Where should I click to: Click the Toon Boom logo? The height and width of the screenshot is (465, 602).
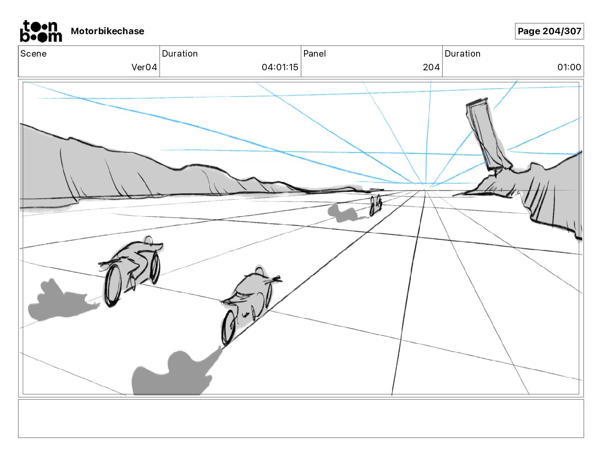coord(41,31)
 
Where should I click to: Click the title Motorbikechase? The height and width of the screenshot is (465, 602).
coord(108,31)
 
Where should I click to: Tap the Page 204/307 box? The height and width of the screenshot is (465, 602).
coord(549,31)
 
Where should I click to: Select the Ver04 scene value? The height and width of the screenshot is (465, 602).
coord(144,67)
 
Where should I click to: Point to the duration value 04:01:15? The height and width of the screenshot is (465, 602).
coord(280,67)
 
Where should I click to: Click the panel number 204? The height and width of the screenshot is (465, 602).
coord(431,67)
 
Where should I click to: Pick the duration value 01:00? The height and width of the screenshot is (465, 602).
coord(569,67)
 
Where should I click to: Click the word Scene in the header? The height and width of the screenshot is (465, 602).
coord(33,54)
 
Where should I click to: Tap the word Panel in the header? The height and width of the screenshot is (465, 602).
coord(314,54)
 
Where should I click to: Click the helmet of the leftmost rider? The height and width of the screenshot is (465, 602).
coord(149,240)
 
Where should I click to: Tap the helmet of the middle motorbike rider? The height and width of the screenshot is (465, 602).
coord(259,271)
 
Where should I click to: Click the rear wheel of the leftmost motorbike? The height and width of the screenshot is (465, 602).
coord(155,268)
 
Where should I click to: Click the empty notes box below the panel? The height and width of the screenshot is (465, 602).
coord(301,418)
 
